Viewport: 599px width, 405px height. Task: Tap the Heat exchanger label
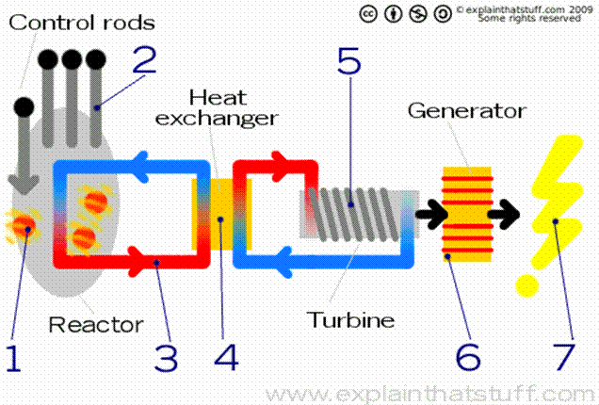[233, 107]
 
